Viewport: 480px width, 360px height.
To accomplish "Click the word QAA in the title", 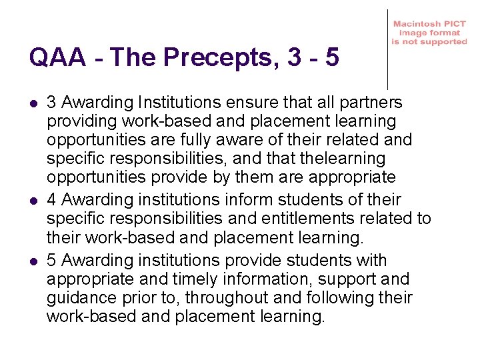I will click(x=57, y=58).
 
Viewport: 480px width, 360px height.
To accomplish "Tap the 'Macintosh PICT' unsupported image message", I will click(x=429, y=33).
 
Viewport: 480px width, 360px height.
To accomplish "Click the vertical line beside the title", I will click(x=387, y=50).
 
